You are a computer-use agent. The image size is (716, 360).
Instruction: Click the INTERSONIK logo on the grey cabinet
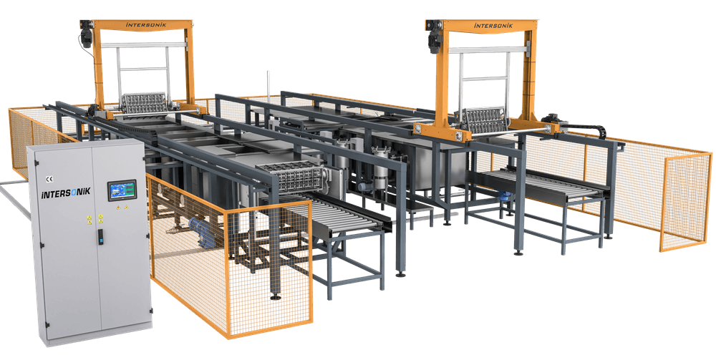[x=66, y=192]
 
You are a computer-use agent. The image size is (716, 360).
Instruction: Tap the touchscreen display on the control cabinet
[x=122, y=190]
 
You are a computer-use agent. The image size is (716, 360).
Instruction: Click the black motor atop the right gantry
[x=435, y=37]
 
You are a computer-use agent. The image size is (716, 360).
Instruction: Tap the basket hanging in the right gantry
[x=482, y=120]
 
